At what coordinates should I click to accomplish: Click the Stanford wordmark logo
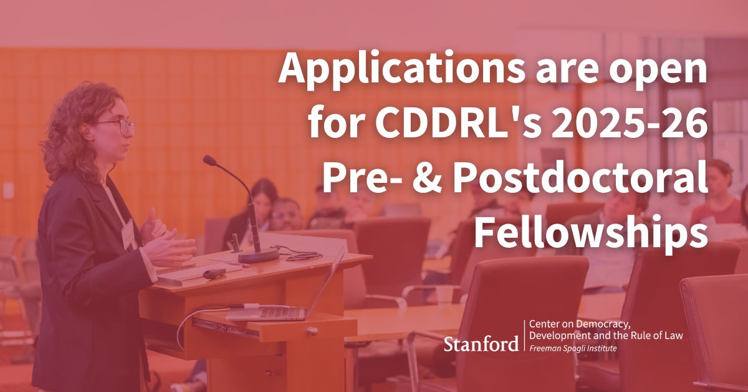click(x=481, y=343)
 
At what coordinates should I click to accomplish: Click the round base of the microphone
click(x=258, y=255)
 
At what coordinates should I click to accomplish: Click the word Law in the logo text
click(x=673, y=336)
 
